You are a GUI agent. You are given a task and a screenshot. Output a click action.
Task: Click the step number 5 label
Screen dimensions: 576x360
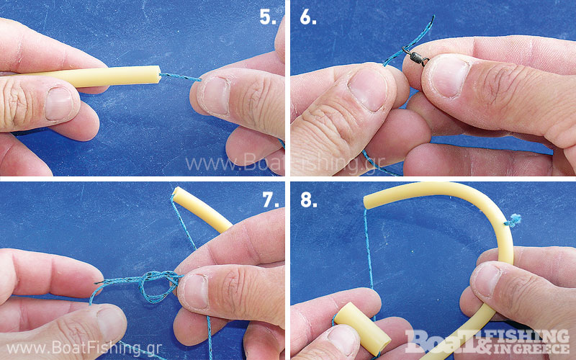[268, 17]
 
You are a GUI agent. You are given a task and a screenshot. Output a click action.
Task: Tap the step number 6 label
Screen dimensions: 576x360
[308, 17]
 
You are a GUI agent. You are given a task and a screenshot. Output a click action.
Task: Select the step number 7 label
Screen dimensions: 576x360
[271, 199]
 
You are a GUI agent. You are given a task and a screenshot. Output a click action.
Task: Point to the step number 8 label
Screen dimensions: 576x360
[309, 199]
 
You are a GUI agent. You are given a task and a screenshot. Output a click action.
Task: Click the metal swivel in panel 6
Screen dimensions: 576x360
[416, 57]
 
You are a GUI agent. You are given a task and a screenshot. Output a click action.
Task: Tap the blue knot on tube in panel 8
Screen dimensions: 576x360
[513, 220]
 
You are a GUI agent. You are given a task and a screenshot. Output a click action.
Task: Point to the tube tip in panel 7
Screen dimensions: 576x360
[177, 194]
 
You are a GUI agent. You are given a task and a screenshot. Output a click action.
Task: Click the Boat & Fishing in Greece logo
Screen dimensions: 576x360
[487, 341]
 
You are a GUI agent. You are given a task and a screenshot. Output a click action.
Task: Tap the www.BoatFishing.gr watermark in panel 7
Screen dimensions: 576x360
[84, 348]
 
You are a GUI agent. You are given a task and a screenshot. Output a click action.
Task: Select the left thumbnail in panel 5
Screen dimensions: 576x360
[59, 103]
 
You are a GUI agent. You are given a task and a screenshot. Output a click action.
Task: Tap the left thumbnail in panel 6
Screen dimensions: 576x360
[369, 91]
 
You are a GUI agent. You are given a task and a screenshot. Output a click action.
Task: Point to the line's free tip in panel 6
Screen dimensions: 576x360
[433, 17]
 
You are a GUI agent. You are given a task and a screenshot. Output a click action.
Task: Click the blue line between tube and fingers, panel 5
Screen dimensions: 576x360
[181, 77]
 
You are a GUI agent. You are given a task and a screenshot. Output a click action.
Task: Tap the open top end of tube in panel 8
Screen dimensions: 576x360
[366, 202]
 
